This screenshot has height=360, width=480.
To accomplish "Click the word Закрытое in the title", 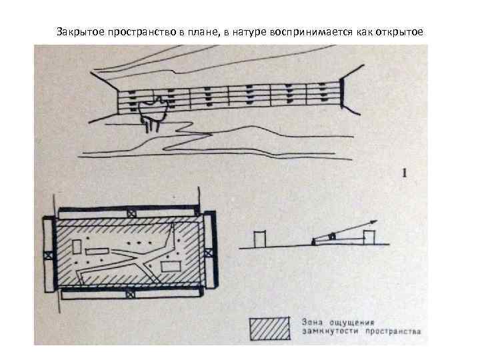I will (x=79, y=31).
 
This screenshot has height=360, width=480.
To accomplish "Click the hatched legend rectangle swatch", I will (x=269, y=327).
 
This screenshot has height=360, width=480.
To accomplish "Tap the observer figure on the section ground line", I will (x=313, y=242).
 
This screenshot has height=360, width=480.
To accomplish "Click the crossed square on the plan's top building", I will (x=130, y=213).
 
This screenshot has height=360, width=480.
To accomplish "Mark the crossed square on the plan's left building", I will (x=47, y=254).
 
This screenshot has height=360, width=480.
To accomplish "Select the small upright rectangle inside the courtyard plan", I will (x=79, y=247).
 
